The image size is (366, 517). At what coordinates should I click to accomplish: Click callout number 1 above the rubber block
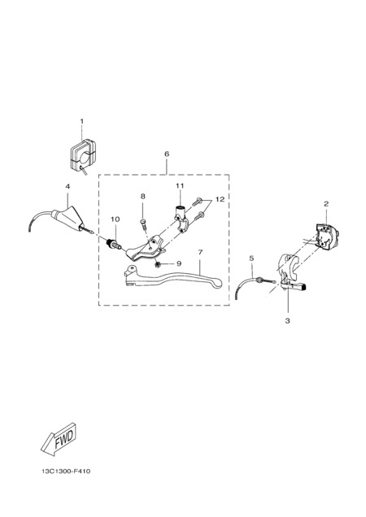click(82, 121)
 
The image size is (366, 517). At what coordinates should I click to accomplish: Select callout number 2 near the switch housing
click(325, 204)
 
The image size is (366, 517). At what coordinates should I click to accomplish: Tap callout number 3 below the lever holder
click(287, 320)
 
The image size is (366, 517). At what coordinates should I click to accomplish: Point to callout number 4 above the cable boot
click(68, 187)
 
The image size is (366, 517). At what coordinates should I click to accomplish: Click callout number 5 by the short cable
click(251, 258)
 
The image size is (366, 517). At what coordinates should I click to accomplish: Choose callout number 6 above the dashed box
click(167, 154)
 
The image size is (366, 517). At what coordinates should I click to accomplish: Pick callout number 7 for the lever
click(200, 252)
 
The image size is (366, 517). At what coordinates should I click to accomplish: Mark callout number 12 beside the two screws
click(220, 199)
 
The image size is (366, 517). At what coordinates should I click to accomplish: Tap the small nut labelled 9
click(158, 263)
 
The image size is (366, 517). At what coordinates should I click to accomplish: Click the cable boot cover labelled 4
click(68, 218)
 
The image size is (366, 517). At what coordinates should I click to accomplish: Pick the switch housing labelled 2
click(327, 234)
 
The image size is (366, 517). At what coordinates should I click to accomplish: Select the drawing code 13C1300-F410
click(66, 471)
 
